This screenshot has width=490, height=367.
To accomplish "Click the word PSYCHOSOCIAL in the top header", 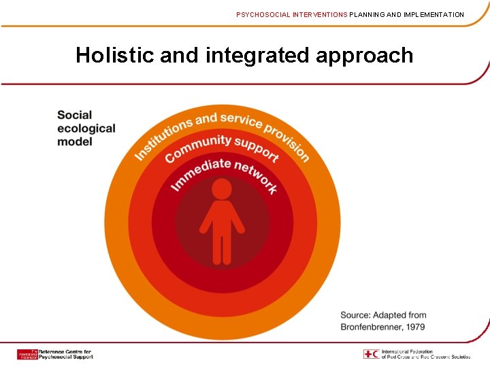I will pos(262,14).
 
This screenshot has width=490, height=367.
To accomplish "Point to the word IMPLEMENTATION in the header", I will pos(429,14).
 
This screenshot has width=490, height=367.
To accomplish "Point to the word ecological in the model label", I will pos(86,128).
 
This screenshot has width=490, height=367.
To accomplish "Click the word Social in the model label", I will pos(74,116).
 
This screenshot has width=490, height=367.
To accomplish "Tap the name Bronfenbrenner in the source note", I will pos(372,327).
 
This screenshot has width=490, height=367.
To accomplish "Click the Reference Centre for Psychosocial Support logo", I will pos(54,354).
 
